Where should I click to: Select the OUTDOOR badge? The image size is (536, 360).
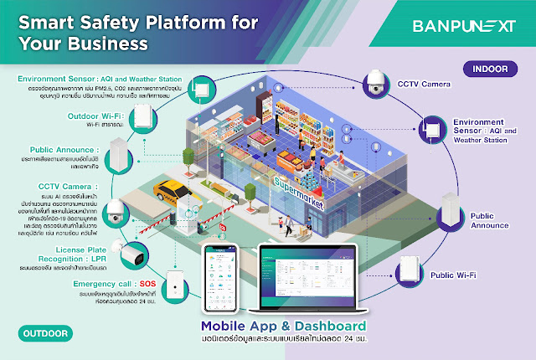[42, 333]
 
